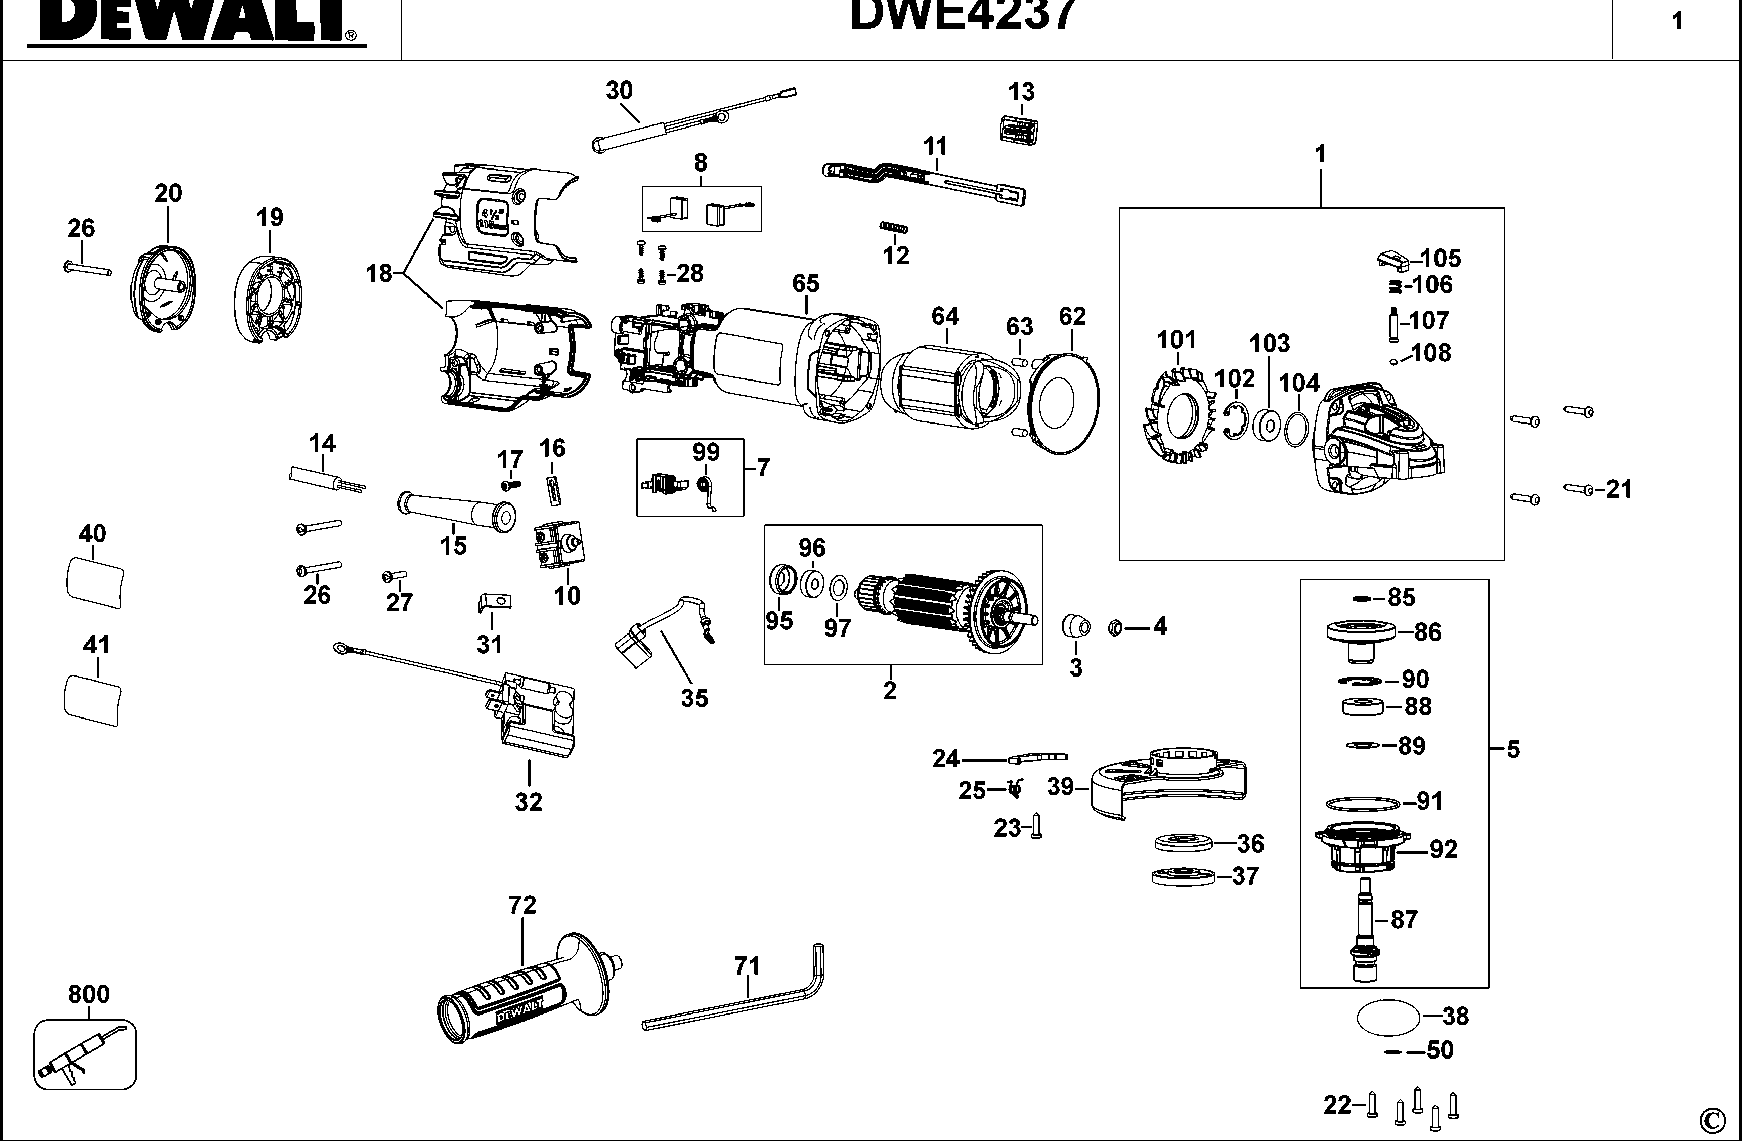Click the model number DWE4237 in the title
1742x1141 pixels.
tap(963, 15)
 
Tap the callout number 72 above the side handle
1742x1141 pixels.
tap(522, 905)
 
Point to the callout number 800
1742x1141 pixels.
tap(89, 994)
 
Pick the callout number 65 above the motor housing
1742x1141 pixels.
tap(805, 283)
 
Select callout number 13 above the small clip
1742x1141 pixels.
tap(1021, 92)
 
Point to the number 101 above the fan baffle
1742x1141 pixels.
tap(1176, 340)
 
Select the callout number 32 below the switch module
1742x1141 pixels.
tap(529, 802)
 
